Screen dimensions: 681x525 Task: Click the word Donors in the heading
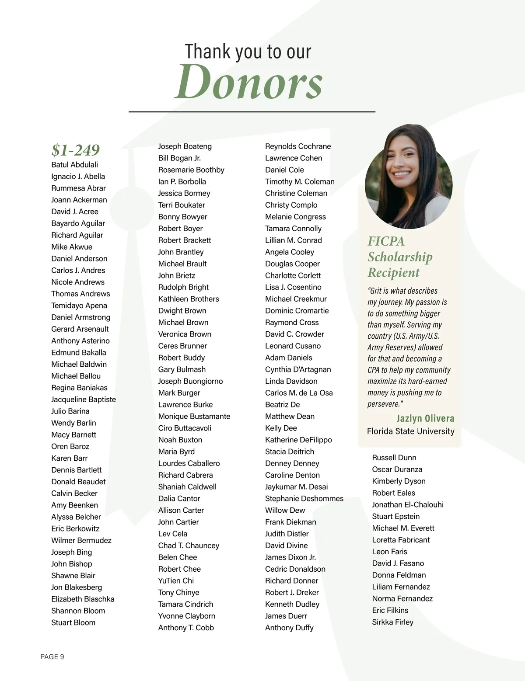(x=248, y=82)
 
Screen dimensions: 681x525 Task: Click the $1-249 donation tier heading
(x=76, y=150)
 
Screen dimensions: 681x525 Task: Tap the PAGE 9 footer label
(x=52, y=657)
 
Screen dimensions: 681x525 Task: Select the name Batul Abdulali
(x=74, y=165)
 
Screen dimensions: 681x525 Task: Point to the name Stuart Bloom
(x=73, y=622)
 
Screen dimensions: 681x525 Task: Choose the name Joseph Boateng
(x=185, y=146)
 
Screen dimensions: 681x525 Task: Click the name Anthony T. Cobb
(x=186, y=628)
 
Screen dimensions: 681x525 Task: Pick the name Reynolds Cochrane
(x=298, y=146)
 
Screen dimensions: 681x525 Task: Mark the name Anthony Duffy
(x=289, y=628)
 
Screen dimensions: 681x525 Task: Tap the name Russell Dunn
(x=394, y=458)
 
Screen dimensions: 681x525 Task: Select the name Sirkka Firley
(x=392, y=622)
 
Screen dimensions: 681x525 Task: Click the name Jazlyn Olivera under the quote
(x=425, y=418)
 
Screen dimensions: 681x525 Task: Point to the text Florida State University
(x=410, y=431)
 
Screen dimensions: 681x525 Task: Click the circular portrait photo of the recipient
(x=409, y=177)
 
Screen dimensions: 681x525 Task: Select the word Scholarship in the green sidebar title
(x=400, y=257)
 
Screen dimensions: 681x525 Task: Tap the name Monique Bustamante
(x=194, y=417)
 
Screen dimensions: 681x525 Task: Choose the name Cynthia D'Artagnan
(x=298, y=369)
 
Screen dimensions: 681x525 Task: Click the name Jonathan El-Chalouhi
(x=407, y=505)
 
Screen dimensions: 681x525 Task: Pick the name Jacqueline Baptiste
(x=84, y=400)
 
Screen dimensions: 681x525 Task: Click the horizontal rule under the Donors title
(x=252, y=112)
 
